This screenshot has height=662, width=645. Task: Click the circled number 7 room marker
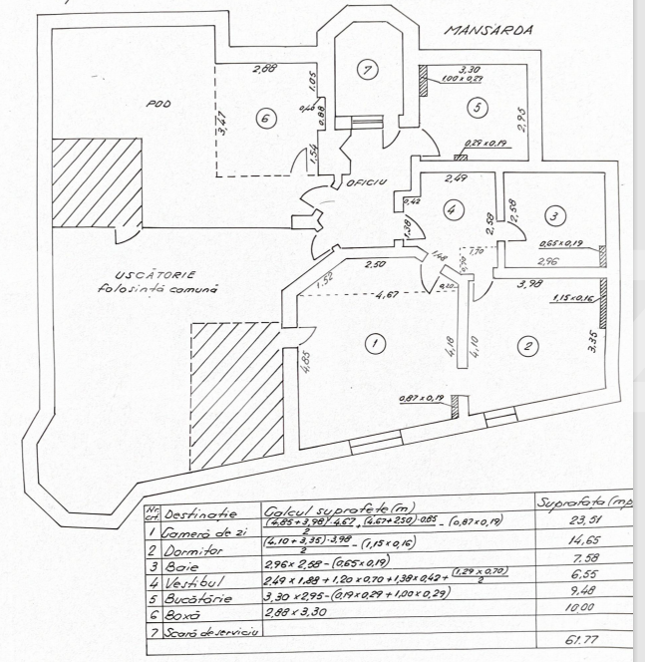(368, 70)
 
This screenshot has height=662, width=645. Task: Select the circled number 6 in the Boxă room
(264, 117)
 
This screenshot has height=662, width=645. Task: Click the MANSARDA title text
(487, 30)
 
